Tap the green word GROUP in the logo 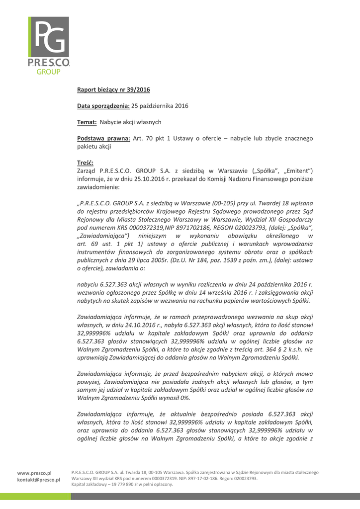tap(49, 72)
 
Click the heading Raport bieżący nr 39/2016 tap(113, 89)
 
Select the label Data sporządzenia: tap(103, 106)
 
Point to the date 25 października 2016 tap(160, 106)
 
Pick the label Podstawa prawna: tap(103, 138)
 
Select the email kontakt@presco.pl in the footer tap(38, 480)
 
